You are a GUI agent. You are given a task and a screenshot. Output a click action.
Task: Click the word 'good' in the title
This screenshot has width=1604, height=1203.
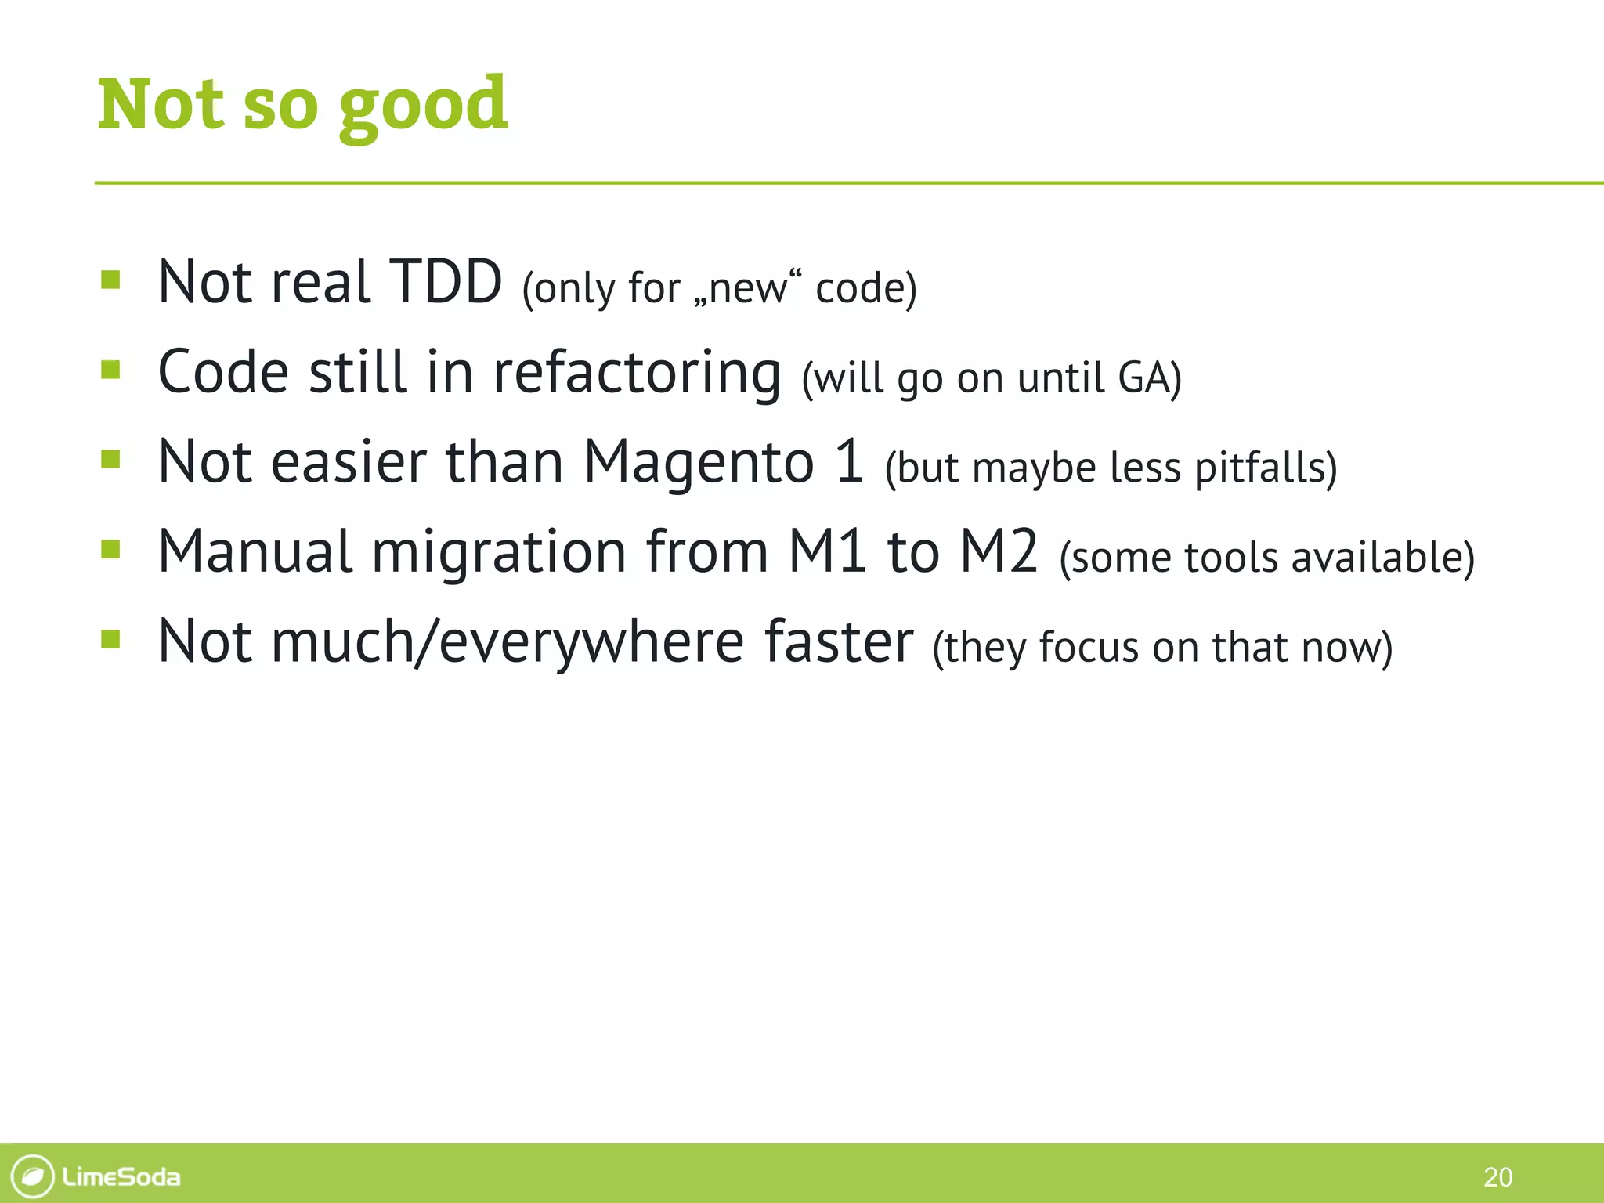423,106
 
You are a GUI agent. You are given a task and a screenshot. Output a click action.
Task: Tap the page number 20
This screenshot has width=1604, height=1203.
1497,1177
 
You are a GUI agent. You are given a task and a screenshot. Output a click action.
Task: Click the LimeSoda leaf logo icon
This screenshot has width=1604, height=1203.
32,1176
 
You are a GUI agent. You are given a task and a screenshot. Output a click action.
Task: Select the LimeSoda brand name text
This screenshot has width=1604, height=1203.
121,1177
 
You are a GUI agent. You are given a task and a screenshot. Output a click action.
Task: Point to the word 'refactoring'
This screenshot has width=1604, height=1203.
636,373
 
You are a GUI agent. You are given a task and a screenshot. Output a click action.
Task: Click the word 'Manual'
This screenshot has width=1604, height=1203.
255,552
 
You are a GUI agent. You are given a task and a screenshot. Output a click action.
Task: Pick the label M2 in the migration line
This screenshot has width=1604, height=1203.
999,552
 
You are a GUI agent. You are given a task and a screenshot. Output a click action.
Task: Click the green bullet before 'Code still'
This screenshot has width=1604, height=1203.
110,369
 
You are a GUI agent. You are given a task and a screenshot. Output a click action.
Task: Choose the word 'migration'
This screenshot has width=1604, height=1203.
498,552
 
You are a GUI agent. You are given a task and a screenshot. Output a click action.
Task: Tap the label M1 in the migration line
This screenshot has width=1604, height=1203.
827,552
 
